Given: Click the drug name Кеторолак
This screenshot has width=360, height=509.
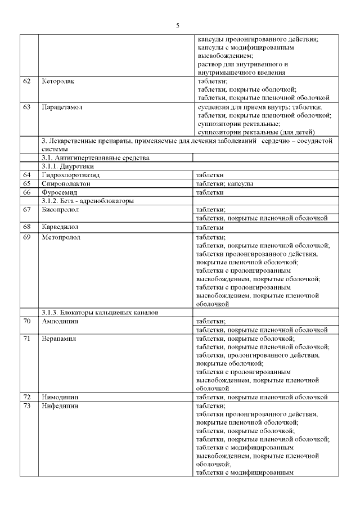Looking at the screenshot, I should pos(58,82).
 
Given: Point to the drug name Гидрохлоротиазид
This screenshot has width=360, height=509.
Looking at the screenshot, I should pos(70,175).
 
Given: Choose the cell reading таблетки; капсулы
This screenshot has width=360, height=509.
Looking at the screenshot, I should pos(224,184).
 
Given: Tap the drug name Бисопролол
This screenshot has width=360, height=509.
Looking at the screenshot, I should pos(60,210).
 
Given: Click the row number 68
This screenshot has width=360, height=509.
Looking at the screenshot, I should pos(26,227).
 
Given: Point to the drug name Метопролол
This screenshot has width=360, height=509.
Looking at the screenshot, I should pos(61,237).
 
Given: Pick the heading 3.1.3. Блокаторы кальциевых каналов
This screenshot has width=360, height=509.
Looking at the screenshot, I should pos(101,312).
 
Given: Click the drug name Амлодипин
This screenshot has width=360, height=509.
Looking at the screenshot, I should pos(60,321).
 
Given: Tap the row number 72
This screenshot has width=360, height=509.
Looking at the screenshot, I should pos(26,397).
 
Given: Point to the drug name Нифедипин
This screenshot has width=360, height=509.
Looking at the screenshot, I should pos(60,406).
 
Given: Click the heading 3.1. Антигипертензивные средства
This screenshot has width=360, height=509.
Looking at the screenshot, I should pos(96,158).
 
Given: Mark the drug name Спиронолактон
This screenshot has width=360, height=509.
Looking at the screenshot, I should pos(66,184).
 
